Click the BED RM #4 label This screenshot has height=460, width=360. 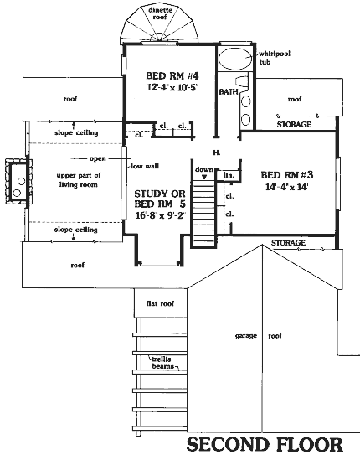[172, 76]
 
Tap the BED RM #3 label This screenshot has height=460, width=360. [287, 175]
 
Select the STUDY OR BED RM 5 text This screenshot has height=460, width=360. [160, 199]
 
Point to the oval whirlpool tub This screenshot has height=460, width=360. [235, 59]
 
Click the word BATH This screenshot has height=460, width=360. [229, 92]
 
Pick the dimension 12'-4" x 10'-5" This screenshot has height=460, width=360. [171, 87]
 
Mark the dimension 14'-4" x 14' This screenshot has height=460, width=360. [286, 187]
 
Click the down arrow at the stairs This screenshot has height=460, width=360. [204, 177]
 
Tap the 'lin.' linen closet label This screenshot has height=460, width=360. [229, 175]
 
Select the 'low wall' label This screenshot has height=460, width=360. [145, 166]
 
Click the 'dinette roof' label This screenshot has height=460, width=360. [160, 13]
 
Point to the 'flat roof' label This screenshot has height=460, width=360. [160, 303]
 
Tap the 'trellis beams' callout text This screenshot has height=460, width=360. [162, 363]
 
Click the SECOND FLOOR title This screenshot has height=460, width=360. [265, 444]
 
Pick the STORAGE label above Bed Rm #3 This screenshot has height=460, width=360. [294, 124]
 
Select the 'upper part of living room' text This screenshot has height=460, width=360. [78, 180]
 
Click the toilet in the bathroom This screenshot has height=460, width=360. [242, 81]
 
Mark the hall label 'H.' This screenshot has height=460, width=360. [217, 152]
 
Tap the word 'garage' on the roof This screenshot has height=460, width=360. [246, 336]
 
